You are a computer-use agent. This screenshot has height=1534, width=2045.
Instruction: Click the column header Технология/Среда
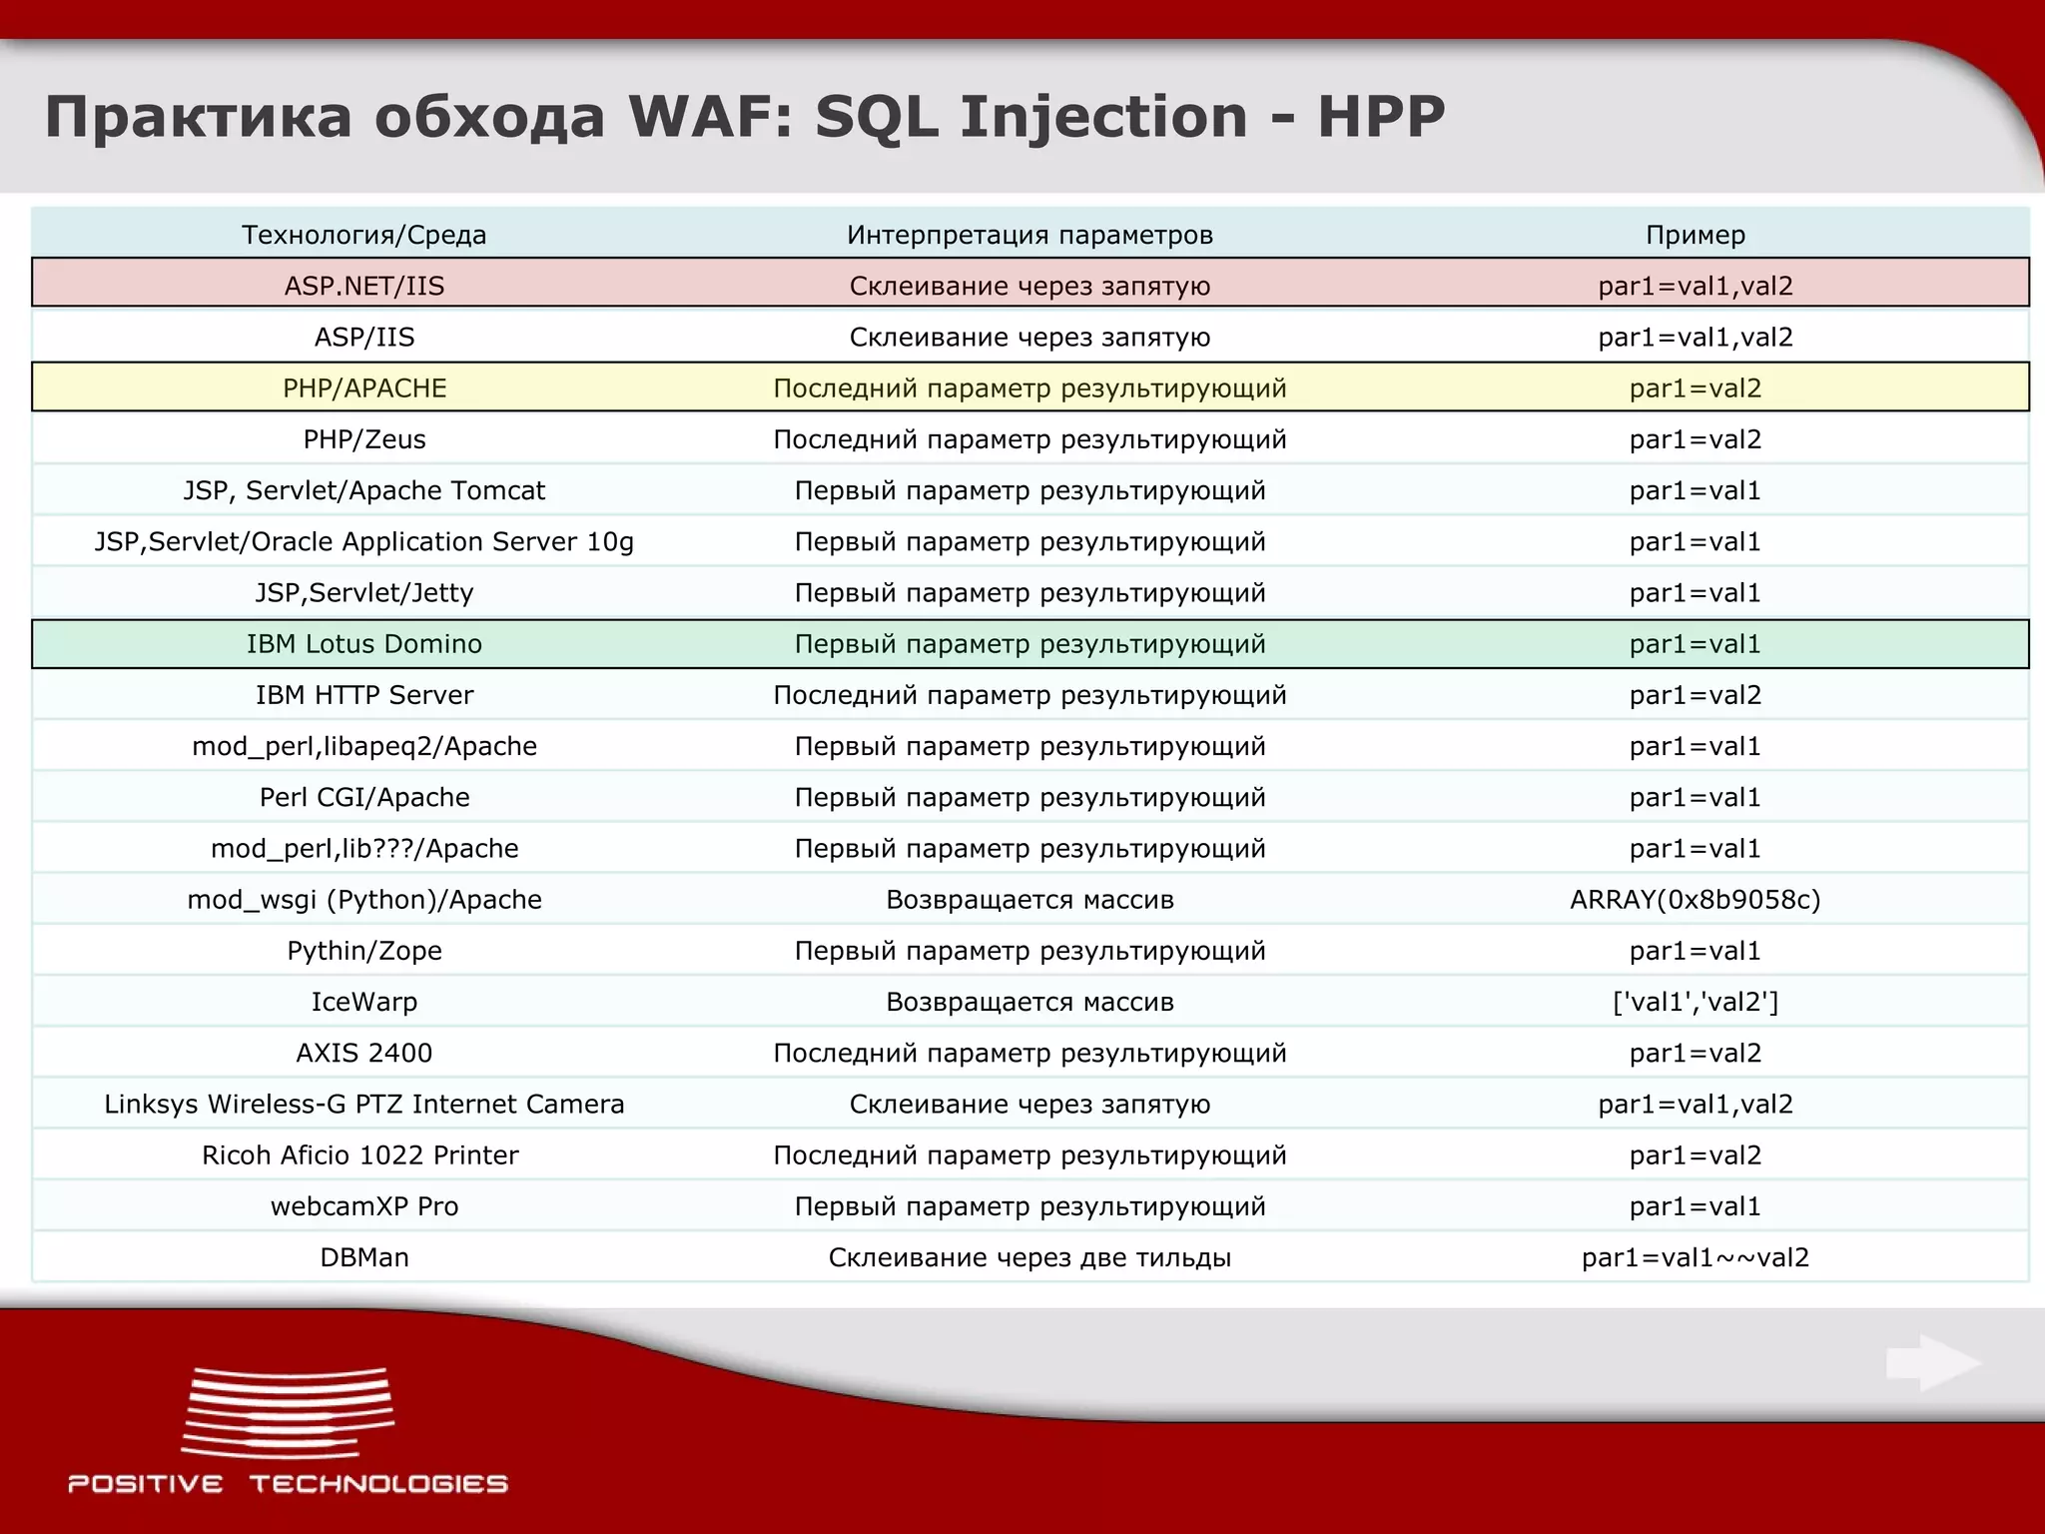[x=363, y=235]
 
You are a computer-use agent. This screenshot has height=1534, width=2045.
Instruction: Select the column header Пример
[x=1695, y=235]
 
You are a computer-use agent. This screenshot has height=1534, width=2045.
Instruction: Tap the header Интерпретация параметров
[x=1029, y=235]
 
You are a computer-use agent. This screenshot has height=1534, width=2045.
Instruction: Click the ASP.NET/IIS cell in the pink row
[x=363, y=286]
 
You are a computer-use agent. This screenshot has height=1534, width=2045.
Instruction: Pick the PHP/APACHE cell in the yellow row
[x=363, y=387]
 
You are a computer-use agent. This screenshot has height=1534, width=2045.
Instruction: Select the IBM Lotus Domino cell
[x=363, y=643]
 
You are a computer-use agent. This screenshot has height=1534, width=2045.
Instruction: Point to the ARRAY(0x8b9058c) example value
[x=1695, y=899]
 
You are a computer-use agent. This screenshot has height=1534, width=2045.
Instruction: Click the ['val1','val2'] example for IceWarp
[x=1695, y=1001]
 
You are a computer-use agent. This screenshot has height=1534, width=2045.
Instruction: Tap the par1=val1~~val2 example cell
[x=1695, y=1256]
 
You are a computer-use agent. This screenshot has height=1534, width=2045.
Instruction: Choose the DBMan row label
[x=363, y=1256]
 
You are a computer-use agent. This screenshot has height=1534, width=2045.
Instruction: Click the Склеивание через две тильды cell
[x=1029, y=1256]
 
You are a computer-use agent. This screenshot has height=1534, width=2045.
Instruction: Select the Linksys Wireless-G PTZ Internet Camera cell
[x=363, y=1104]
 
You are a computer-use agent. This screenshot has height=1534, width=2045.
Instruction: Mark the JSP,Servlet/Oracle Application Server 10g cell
[x=363, y=541]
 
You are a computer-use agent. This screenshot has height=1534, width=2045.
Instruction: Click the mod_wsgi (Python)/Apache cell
[x=363, y=899]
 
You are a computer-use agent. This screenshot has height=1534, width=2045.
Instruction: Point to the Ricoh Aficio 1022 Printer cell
[x=359, y=1154]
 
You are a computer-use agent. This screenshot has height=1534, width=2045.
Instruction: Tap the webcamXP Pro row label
[x=363, y=1205]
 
